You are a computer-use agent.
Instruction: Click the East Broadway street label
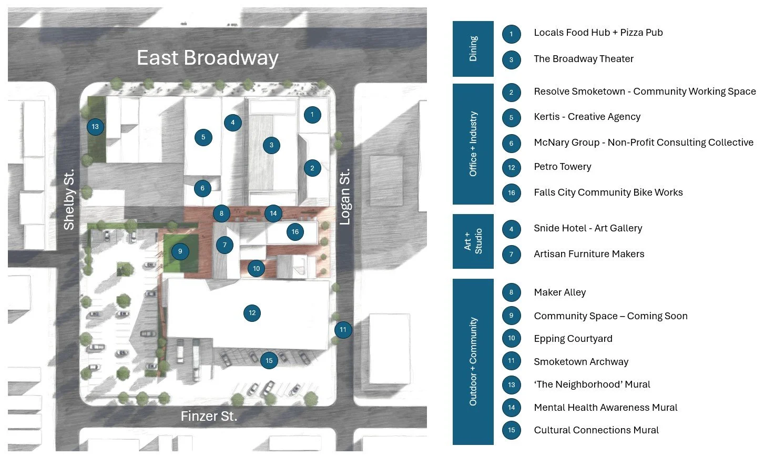point(207,58)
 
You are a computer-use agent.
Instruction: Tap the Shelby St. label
point(69,199)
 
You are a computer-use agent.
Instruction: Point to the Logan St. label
point(344,197)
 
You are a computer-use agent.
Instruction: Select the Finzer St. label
point(209,417)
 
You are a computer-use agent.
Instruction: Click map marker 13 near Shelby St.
point(95,127)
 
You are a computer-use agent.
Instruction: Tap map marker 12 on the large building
point(252,313)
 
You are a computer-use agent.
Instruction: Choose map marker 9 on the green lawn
point(180,251)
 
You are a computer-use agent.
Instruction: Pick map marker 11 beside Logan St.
point(343,330)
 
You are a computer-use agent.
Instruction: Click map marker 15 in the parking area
point(269,361)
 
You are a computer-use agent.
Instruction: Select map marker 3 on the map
point(271,145)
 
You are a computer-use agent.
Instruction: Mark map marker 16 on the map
point(295,232)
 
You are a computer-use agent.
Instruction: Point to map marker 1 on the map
point(312,115)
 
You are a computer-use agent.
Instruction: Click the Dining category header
point(473,49)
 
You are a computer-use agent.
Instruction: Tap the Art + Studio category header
point(473,241)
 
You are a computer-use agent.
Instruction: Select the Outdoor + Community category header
point(473,361)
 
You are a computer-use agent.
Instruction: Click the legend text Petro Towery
point(563,167)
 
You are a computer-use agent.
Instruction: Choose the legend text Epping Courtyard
point(573,339)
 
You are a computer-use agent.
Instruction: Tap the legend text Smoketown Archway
point(581,362)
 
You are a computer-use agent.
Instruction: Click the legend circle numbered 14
point(512,408)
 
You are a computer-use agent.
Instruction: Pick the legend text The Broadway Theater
point(584,59)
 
